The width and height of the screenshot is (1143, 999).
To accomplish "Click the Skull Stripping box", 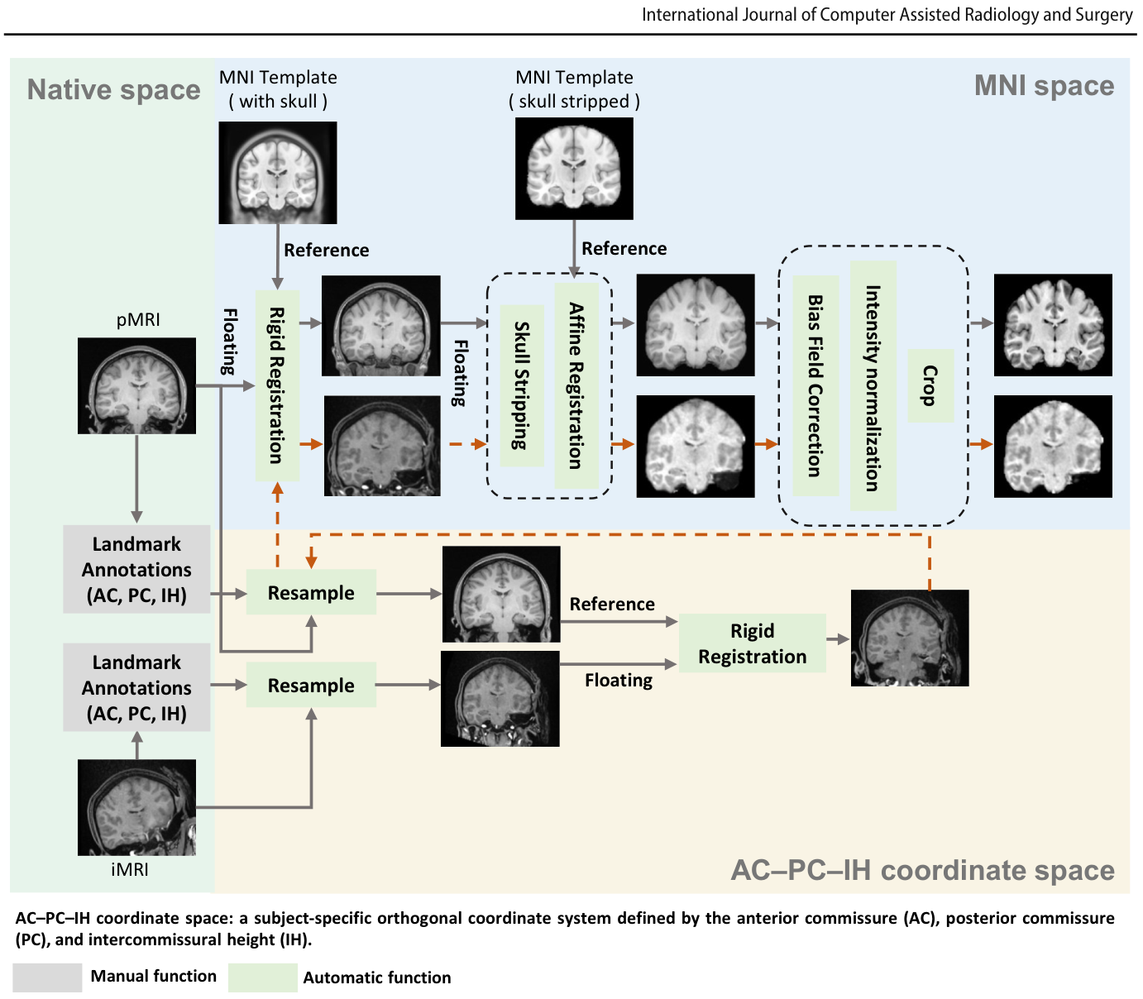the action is pyautogui.click(x=522, y=385).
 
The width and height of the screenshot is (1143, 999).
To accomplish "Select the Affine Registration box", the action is pyautogui.click(x=576, y=386).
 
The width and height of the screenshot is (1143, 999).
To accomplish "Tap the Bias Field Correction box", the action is pyautogui.click(x=815, y=386).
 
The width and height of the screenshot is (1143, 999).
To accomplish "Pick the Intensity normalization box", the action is pyautogui.click(x=873, y=386).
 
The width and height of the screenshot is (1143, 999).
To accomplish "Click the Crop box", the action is pyautogui.click(x=930, y=386).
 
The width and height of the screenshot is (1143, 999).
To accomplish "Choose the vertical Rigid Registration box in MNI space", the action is pyautogui.click(x=277, y=386).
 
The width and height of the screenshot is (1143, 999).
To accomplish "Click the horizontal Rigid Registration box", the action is pyautogui.click(x=752, y=643).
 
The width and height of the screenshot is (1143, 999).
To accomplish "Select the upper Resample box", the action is pyautogui.click(x=311, y=592).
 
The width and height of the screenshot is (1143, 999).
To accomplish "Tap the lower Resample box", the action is pyautogui.click(x=311, y=685).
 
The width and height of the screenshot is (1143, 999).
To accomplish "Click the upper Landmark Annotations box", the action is pyautogui.click(x=136, y=569).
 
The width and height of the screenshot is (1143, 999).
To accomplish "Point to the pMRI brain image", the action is pyautogui.click(x=136, y=386).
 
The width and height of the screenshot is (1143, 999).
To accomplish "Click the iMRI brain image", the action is pyautogui.click(x=136, y=807).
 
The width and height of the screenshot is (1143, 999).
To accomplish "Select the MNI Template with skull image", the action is pyautogui.click(x=278, y=173).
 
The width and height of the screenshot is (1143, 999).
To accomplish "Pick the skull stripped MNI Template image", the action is pyautogui.click(x=574, y=168).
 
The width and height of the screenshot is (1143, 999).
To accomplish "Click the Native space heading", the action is pyautogui.click(x=114, y=90).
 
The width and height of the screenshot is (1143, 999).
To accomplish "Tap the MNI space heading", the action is pyautogui.click(x=1044, y=86).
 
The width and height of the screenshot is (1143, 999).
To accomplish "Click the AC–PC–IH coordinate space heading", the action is pyautogui.click(x=922, y=870).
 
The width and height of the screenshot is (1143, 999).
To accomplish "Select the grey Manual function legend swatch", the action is pyautogui.click(x=47, y=977).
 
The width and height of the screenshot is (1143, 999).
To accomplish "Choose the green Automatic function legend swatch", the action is pyautogui.click(x=262, y=977).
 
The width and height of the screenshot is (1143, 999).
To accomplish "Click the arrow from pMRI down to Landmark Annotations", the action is pyautogui.click(x=136, y=479).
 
